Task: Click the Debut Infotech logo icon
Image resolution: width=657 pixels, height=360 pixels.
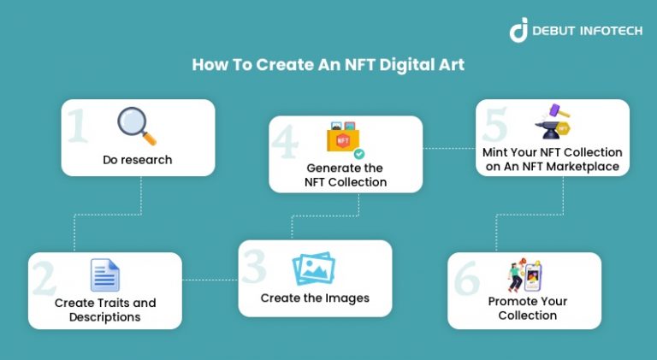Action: pyautogui.click(x=518, y=29)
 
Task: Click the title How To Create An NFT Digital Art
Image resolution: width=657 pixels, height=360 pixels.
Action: pyautogui.click(x=328, y=65)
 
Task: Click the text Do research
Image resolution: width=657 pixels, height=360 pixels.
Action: pyautogui.click(x=138, y=160)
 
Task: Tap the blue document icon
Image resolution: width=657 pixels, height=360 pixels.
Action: pyautogui.click(x=105, y=275)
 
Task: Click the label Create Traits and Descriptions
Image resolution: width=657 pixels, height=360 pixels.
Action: pyautogui.click(x=105, y=310)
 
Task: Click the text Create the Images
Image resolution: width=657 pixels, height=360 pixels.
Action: pyautogui.click(x=315, y=298)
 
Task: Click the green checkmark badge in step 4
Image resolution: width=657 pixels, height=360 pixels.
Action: pyautogui.click(x=359, y=154)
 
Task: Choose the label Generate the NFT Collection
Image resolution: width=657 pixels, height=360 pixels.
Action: pyautogui.click(x=346, y=174)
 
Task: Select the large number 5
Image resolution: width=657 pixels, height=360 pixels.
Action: pyautogui.click(x=495, y=126)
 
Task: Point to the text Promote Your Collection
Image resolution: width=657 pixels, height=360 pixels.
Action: pyautogui.click(x=527, y=308)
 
